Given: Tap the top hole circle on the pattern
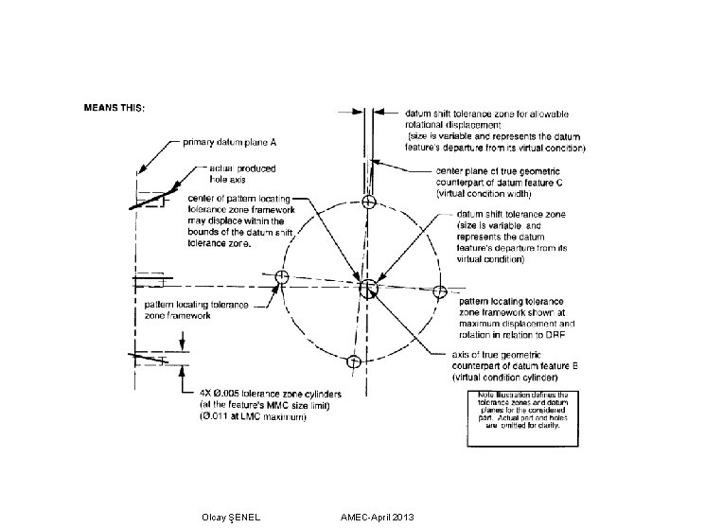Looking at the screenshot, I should pyautogui.click(x=369, y=202).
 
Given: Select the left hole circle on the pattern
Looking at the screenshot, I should pyautogui.click(x=280, y=277).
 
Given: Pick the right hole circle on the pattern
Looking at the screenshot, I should pyautogui.click(x=438, y=291).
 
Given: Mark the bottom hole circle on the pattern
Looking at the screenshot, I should pyautogui.click(x=353, y=361).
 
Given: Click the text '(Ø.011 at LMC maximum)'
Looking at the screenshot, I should pyautogui.click(x=252, y=417).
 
